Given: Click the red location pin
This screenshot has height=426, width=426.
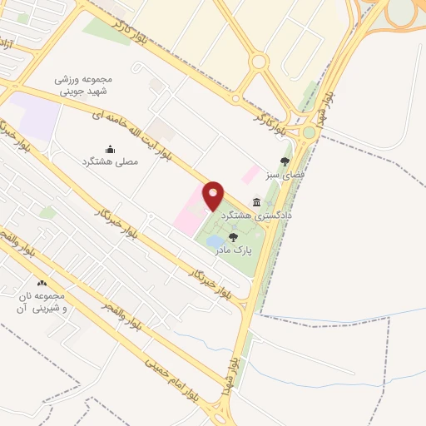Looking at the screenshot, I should (213, 196).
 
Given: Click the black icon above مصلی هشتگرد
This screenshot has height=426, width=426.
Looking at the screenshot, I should (111, 150).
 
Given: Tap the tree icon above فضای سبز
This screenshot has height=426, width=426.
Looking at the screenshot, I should (285, 161).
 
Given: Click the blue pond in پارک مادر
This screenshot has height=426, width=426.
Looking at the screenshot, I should (214, 242).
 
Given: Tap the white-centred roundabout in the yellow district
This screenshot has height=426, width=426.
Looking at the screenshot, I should (258, 61).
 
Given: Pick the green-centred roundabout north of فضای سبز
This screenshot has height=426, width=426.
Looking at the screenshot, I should (310, 132).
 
